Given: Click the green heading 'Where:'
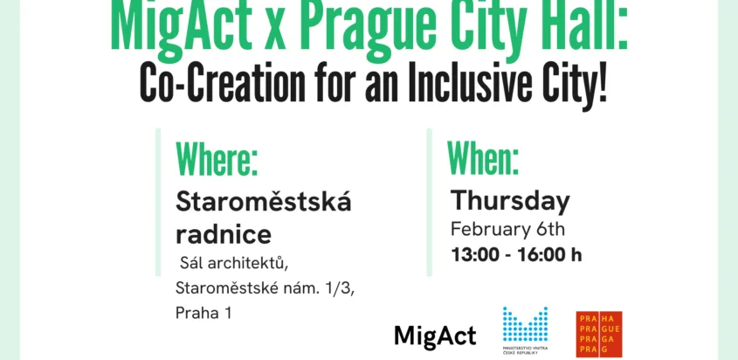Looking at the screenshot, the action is [217, 159].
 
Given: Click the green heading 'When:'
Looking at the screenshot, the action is [483, 157].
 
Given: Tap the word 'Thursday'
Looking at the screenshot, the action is [510, 202].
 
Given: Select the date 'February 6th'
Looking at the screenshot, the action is [507, 230].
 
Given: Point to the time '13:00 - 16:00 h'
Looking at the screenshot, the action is [516, 255].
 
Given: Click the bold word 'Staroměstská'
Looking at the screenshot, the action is [264, 203].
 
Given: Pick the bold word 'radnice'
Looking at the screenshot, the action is [223, 234].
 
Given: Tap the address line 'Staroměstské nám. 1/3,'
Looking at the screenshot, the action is [265, 288].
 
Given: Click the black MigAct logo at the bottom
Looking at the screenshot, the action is [435, 336].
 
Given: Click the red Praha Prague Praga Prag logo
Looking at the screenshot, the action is [599, 334].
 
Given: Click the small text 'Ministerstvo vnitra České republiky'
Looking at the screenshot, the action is [525, 350].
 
